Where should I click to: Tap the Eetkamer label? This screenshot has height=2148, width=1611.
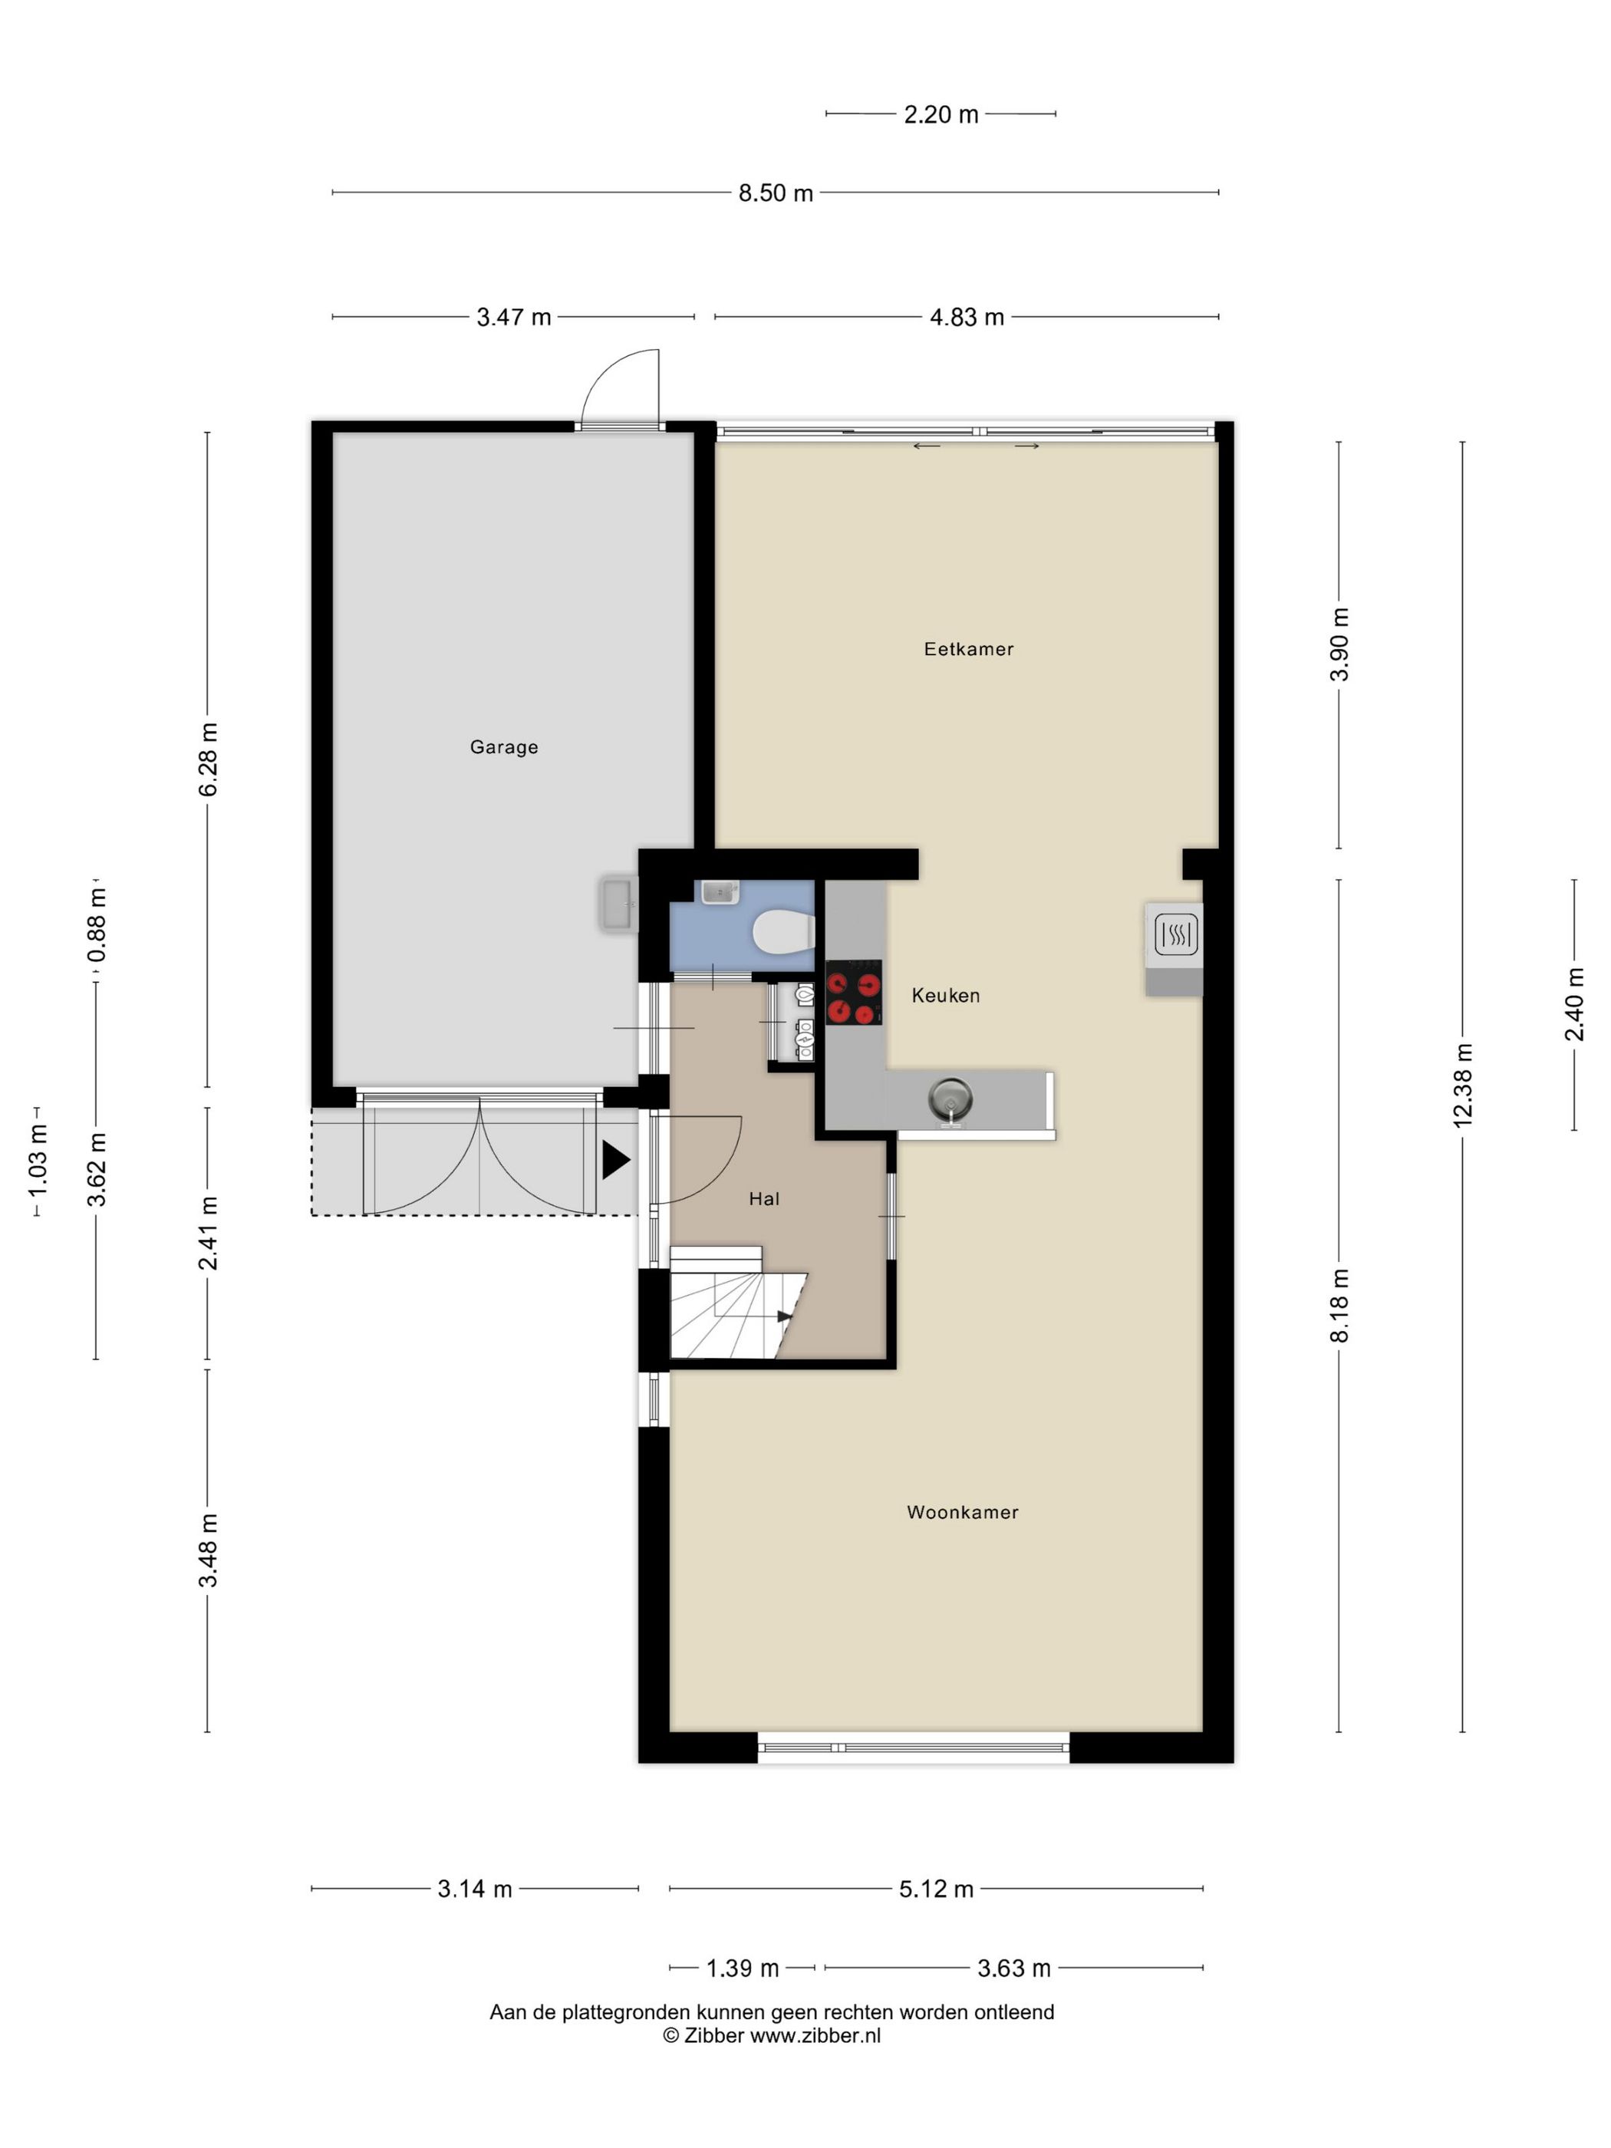click(968, 649)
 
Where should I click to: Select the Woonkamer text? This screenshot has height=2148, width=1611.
click(962, 1512)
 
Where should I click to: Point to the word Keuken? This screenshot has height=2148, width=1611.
click(945, 995)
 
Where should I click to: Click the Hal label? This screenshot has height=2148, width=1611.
click(764, 1199)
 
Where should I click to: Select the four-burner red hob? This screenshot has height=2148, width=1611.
click(854, 993)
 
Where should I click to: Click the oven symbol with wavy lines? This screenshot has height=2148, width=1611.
click(1176, 935)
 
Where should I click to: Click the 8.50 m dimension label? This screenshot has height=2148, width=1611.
click(775, 193)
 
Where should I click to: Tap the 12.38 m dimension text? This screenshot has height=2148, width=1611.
click(1462, 1085)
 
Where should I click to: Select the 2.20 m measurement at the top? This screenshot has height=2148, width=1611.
click(941, 114)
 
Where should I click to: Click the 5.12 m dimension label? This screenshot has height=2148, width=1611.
click(936, 1889)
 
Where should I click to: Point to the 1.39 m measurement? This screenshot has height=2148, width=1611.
click(742, 1968)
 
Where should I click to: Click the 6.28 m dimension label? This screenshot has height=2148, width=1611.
click(208, 759)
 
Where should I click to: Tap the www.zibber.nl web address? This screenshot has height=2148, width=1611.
click(815, 2036)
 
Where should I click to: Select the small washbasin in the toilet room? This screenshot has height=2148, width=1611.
click(717, 891)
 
